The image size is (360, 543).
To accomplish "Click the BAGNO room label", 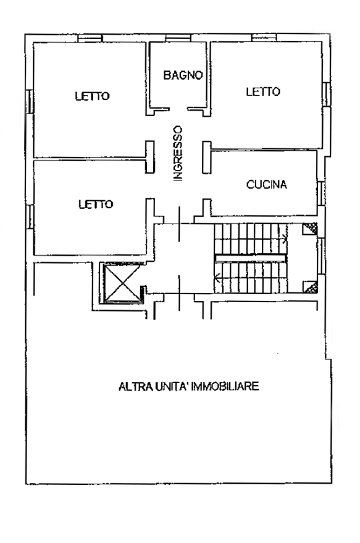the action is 183,75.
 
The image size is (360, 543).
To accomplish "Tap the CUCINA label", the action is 267,185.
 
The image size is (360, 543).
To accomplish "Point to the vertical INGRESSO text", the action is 178,153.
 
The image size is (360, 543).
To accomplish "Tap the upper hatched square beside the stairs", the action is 310,229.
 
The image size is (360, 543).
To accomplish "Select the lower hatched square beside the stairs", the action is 310,287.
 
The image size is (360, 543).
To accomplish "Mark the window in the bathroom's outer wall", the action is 178,38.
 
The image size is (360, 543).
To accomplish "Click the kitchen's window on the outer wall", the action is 321,193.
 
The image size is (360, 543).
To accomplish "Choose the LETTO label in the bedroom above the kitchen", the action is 263,92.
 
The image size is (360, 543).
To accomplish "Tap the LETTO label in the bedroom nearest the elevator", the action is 96,204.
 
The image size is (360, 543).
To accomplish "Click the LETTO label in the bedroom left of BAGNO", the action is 93,96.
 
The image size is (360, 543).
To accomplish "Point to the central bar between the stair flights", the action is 251,258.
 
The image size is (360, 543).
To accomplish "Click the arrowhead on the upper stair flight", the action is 285,238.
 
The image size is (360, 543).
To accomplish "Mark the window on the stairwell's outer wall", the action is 321,256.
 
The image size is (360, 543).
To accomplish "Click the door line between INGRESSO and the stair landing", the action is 179,224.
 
